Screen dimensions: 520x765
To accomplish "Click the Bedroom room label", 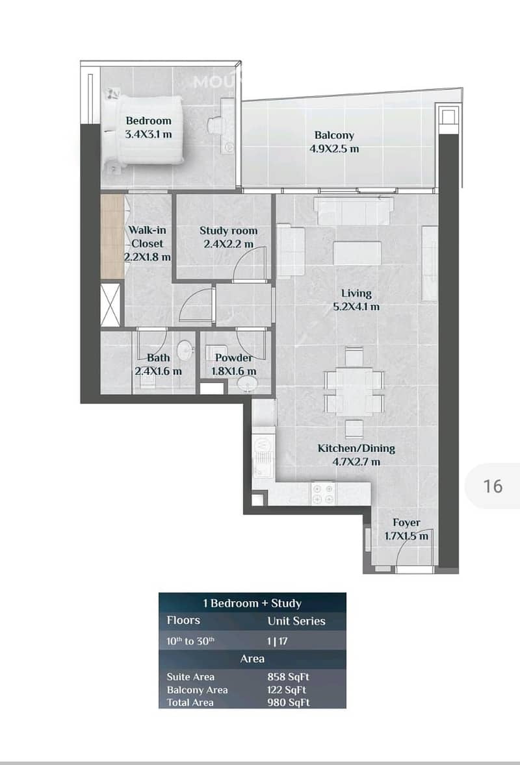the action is pyautogui.click(x=148, y=121).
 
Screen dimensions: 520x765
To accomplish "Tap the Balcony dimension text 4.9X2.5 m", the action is pyautogui.click(x=334, y=149).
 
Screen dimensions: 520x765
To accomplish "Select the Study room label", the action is pyautogui.click(x=229, y=231).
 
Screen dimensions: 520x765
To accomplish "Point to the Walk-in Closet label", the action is pyautogui.click(x=147, y=236).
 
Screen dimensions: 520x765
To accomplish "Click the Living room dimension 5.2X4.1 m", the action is pyautogui.click(x=356, y=307).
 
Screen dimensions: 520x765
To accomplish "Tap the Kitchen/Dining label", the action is pyautogui.click(x=356, y=448).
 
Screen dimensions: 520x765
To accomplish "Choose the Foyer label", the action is pyautogui.click(x=406, y=523).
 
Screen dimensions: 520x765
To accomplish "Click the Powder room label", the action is pyautogui.click(x=234, y=358).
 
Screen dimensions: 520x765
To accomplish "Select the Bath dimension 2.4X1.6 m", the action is pyautogui.click(x=158, y=371).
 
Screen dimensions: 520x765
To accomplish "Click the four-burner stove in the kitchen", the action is pyautogui.click(x=323, y=494).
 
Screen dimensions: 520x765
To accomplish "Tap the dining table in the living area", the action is pyautogui.click(x=354, y=390).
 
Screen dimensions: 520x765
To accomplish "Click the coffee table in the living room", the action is pyautogui.click(x=357, y=253).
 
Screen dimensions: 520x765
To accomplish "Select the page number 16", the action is pyautogui.click(x=493, y=486).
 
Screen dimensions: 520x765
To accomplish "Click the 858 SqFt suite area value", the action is pyautogui.click(x=288, y=677).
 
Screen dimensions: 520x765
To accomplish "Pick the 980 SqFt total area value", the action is pyautogui.click(x=288, y=703).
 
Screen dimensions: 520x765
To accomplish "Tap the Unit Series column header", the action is pyautogui.click(x=296, y=621).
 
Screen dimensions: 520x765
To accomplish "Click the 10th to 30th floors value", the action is pyautogui.click(x=190, y=641).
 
